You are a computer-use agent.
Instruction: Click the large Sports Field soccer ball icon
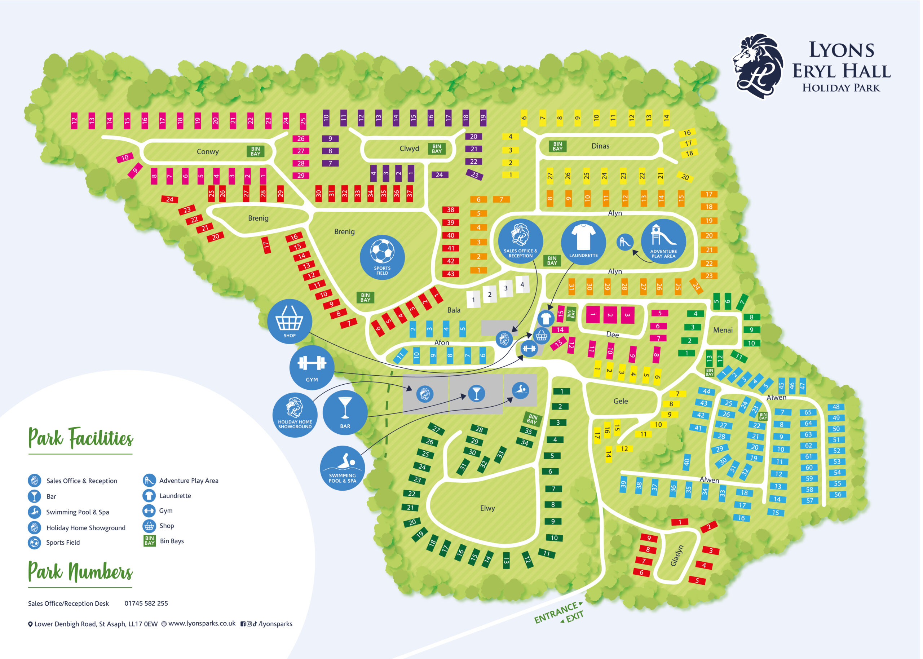(382, 257)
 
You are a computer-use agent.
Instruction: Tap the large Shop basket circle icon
(289, 321)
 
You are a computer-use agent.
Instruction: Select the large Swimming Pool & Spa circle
(342, 468)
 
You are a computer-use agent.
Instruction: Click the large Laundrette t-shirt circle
(583, 242)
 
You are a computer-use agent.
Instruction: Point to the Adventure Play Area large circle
(663, 242)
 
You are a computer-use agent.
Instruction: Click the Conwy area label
(207, 151)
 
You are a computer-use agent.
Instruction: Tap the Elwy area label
(487, 508)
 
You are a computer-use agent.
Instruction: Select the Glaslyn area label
(676, 555)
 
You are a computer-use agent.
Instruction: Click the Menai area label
(723, 330)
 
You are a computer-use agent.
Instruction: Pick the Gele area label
(621, 401)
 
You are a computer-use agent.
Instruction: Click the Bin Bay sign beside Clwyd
(437, 149)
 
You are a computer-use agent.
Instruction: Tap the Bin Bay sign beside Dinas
(557, 146)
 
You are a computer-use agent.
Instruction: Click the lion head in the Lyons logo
(758, 66)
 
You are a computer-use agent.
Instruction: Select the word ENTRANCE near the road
(556, 613)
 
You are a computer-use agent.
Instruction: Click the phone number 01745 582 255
(146, 603)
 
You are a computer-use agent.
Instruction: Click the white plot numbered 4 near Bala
(522, 285)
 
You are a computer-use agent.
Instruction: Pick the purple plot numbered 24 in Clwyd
(440, 175)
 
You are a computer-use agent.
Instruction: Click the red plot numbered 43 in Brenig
(450, 274)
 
